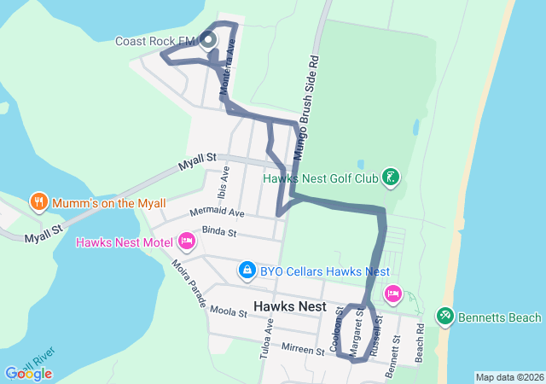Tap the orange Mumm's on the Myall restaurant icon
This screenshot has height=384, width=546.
pos(38,202)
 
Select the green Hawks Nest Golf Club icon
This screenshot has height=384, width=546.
pos(390,178)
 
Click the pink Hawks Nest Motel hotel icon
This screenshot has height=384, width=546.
pos(185,242)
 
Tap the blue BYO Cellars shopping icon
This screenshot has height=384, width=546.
pos(247,271)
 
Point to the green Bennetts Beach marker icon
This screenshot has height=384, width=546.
pos(445,317)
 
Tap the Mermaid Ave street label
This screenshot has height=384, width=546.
pos(218,212)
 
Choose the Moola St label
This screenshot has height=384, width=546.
pos(228,313)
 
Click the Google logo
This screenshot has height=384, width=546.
pos(28,373)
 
